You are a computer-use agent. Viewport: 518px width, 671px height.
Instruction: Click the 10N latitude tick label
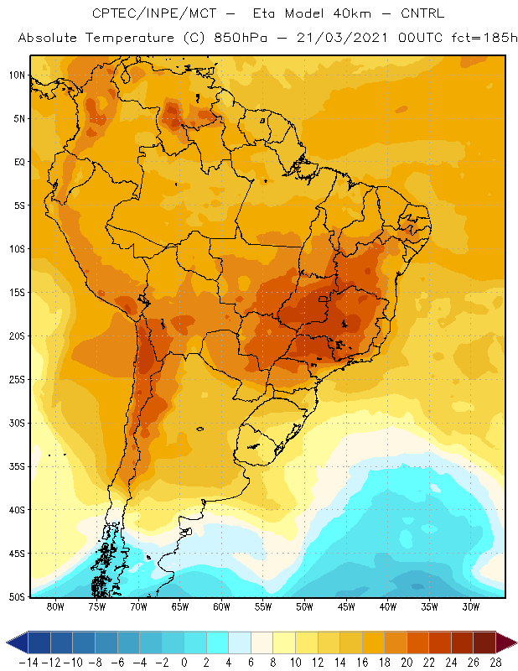tap(17, 75)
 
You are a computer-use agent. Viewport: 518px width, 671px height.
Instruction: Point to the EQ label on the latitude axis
tap(19, 162)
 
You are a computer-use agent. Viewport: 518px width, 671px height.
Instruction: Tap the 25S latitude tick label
tap(17, 380)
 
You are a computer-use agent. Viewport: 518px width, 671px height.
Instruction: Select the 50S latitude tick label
tap(17, 597)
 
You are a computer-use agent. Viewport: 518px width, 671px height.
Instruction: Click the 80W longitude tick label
tap(55, 606)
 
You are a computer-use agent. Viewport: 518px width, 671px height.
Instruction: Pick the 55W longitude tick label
tap(263, 606)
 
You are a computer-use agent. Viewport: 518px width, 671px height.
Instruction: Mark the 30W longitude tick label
tap(471, 606)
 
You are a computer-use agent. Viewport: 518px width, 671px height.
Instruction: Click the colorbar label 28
tap(495, 663)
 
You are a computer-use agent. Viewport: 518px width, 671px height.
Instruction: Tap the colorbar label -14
tap(28, 663)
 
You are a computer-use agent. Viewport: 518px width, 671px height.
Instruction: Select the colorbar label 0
tap(184, 663)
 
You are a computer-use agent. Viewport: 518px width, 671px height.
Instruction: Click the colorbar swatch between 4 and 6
tap(240, 642)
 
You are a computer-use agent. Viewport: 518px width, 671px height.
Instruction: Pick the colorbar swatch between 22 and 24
tap(440, 642)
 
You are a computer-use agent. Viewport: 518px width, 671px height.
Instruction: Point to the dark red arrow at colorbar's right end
tap(505, 642)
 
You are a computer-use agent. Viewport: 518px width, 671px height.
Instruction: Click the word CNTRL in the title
tap(422, 13)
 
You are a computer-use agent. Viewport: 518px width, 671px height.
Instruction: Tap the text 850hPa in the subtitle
tap(241, 38)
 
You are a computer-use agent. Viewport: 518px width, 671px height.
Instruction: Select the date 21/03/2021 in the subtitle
tap(342, 38)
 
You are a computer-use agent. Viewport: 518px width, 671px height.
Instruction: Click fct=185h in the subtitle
tap(484, 38)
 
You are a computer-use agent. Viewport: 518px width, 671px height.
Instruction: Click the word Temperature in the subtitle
tap(130, 38)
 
